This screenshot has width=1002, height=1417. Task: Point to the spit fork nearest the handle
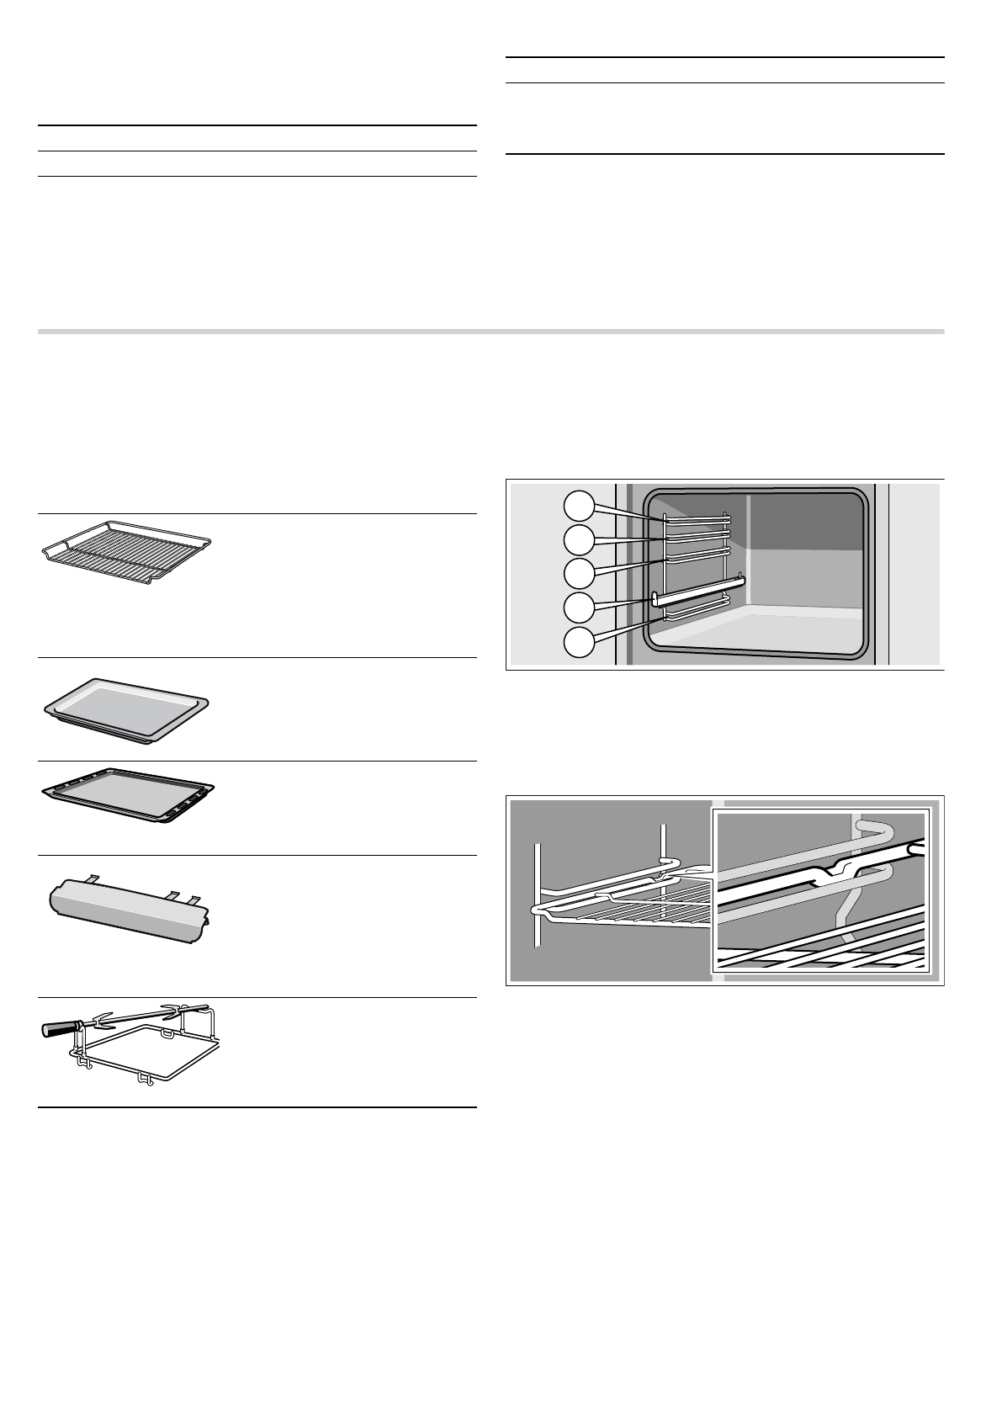point(103,1020)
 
